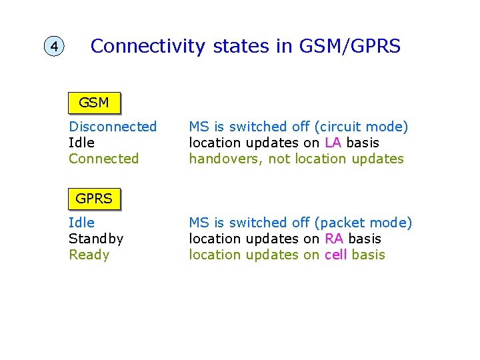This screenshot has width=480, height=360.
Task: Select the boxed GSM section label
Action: [94, 103]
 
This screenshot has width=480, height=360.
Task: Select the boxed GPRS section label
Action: [94, 199]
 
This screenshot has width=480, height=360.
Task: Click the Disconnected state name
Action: [113, 127]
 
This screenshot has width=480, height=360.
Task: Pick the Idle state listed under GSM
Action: [81, 143]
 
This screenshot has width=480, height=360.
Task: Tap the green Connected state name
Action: [103, 159]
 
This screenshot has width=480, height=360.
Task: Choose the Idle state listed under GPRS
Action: [81, 223]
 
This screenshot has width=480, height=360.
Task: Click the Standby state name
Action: [96, 239]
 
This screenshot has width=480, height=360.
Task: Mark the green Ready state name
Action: [89, 255]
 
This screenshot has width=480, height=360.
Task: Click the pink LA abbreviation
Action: [333, 143]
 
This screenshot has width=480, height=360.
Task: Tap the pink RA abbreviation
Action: [334, 239]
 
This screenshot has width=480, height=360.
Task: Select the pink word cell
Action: [336, 255]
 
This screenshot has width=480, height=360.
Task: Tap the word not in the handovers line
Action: [279, 159]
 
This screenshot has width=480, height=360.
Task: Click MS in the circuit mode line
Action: [199, 127]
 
